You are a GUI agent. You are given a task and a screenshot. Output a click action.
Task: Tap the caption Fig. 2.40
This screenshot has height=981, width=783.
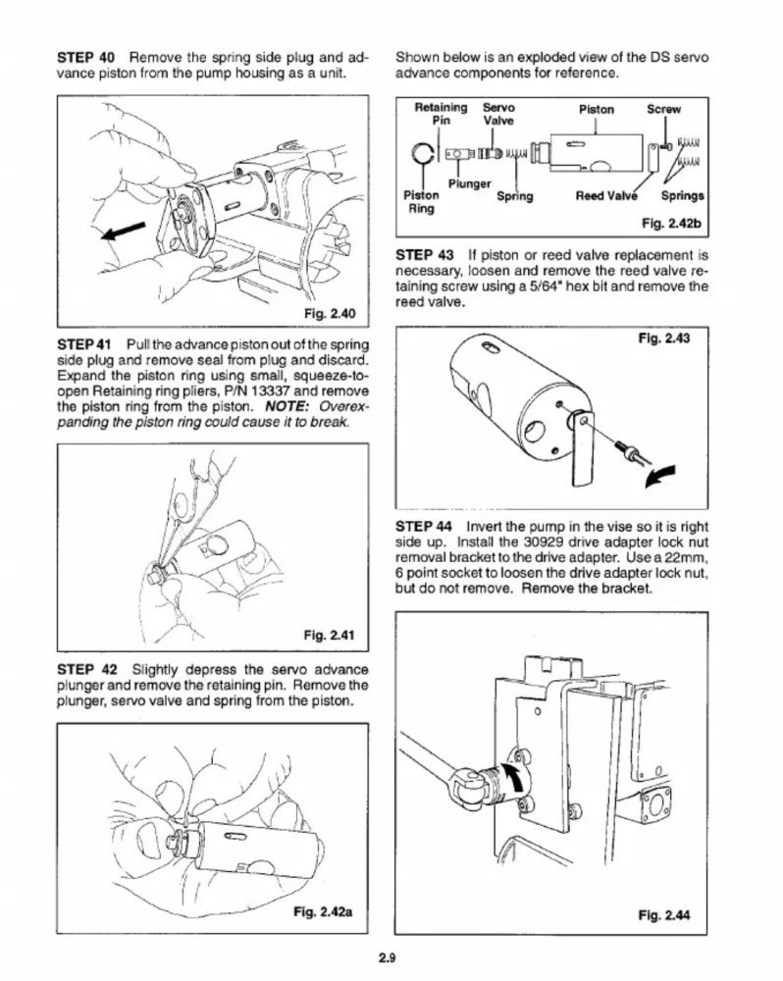[330, 313]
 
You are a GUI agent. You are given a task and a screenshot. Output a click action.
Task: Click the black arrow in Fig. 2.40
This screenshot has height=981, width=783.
[124, 232]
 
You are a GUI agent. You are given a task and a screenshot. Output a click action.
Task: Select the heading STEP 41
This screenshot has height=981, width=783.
[83, 344]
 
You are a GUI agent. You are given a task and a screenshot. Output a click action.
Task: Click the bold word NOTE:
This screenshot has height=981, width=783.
[287, 407]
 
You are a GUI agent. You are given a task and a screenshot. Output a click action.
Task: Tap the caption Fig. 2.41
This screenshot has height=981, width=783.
[330, 636]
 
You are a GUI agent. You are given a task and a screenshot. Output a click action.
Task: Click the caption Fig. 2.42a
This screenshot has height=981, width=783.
[323, 912]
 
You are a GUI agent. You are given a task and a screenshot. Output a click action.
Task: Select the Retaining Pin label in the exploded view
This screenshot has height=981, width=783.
[441, 114]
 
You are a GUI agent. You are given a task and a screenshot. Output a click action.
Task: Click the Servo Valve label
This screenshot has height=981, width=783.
[498, 114]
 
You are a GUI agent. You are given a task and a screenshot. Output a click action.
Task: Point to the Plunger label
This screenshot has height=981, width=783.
[469, 184]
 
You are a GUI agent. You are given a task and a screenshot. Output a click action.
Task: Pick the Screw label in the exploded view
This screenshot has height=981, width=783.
[663, 110]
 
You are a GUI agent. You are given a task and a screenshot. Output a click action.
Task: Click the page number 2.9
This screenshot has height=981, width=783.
[388, 956]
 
